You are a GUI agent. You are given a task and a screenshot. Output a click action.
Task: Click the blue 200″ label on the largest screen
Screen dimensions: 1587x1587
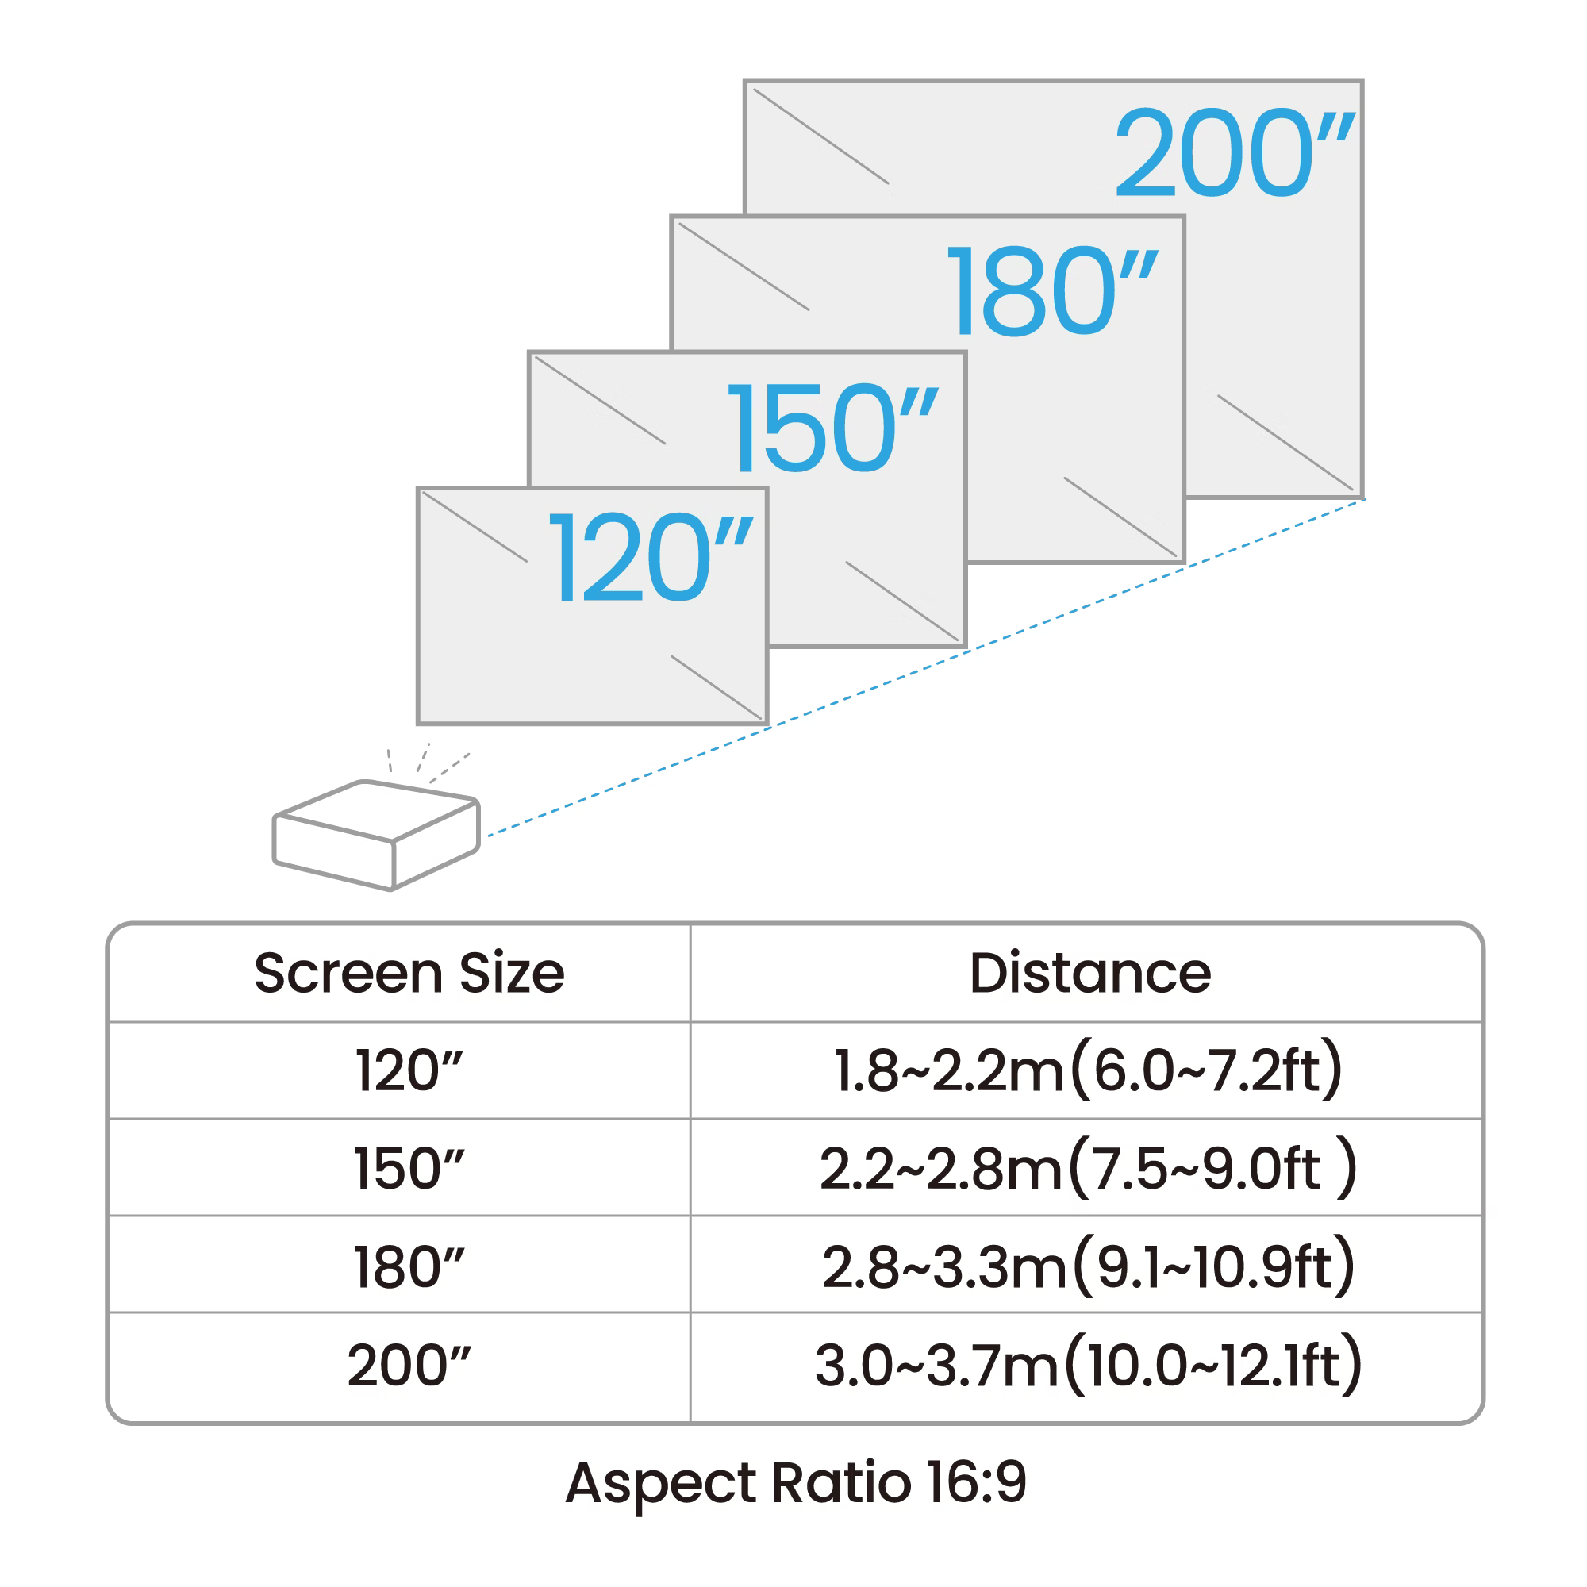pos(1232,154)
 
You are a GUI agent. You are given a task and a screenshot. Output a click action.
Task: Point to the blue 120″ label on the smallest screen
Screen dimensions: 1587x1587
pos(649,558)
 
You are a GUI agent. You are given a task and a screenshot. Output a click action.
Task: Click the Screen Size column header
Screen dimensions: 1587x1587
pos(409,974)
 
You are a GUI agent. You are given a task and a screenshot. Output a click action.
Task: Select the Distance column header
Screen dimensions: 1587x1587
pos(1089,974)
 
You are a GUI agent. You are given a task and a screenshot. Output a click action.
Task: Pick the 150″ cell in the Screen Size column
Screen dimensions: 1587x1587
pos(409,1169)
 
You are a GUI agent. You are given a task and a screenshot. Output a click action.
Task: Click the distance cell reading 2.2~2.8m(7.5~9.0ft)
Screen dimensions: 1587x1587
pos(1088,1169)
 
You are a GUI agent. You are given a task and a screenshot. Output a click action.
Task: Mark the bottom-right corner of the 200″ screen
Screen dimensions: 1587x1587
pos(1362,497)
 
